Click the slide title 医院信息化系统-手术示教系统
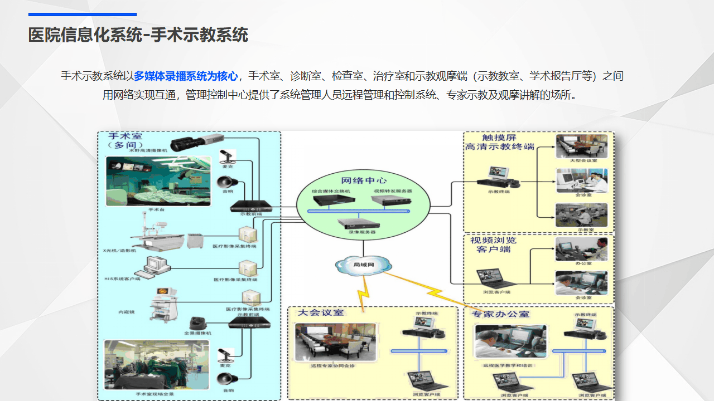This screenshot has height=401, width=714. (138, 35)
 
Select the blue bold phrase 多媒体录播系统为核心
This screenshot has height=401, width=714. (186, 76)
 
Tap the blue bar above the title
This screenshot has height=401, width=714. (83, 14)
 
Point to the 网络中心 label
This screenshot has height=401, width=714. (364, 180)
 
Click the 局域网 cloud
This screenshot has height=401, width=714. (363, 265)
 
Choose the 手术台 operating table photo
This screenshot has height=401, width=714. (158, 181)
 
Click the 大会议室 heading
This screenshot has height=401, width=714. (321, 313)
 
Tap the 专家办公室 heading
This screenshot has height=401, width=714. (500, 314)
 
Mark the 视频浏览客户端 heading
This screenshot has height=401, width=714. (494, 245)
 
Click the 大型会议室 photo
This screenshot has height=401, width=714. (581, 146)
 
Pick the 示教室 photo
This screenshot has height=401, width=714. (581, 214)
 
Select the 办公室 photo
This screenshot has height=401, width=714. (581, 249)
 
